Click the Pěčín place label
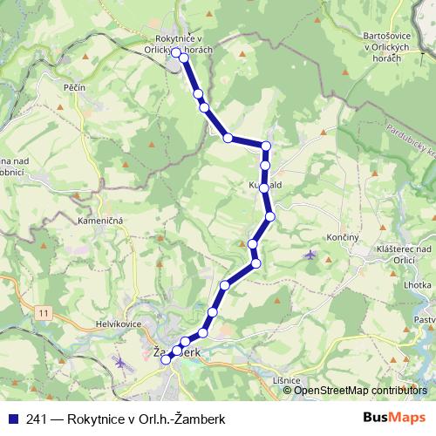[x=72, y=89]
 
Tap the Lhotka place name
[x=419, y=285]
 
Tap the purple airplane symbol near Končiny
[x=311, y=255]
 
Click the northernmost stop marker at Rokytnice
[x=176, y=53]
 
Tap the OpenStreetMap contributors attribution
[x=358, y=390]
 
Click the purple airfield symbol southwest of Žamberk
[x=121, y=362]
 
